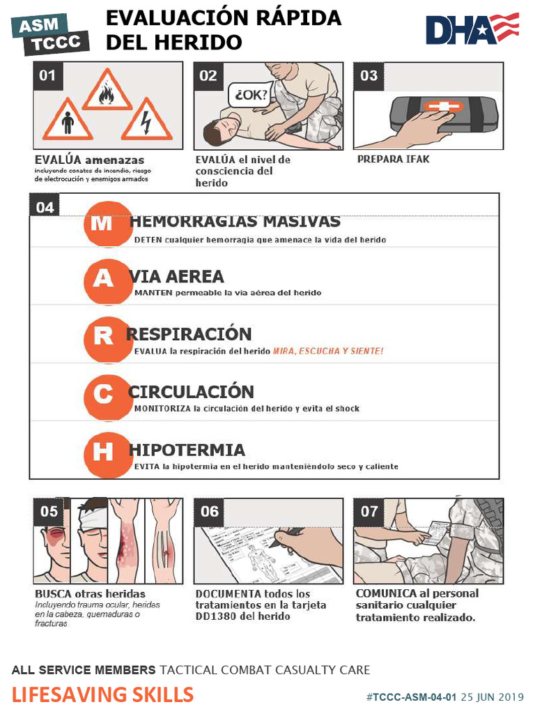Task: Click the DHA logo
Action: pos(472,29)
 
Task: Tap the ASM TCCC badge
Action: pos(52,35)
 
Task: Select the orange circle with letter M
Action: pos(102,223)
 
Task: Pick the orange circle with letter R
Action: pos(102,337)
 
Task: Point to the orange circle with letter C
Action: pos(102,395)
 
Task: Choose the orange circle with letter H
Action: pos(102,453)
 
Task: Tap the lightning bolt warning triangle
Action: pos(146,121)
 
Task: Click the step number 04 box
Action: pos(45,207)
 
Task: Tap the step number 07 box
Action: pos(369,511)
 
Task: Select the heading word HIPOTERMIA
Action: pos(187,450)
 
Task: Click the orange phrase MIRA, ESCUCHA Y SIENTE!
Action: pos(327,351)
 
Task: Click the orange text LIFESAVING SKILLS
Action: pos(102,694)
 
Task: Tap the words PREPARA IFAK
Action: pos(393,159)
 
